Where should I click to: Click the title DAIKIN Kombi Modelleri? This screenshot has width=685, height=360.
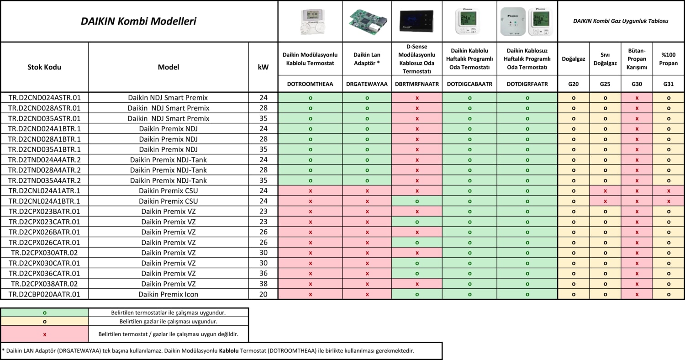pyautogui.click(x=138, y=21)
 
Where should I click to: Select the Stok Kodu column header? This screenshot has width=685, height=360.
pyautogui.click(x=44, y=67)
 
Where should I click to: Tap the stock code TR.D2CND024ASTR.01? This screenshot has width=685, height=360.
pyautogui.click(x=44, y=98)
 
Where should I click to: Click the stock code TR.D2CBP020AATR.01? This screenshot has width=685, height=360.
pyautogui.click(x=44, y=294)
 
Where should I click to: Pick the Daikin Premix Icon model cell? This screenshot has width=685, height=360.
pyautogui.click(x=169, y=294)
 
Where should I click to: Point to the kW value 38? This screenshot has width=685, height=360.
pyautogui.click(x=263, y=284)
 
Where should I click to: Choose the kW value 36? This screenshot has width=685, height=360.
pyautogui.click(x=263, y=273)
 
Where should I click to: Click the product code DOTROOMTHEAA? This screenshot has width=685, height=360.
pyautogui.click(x=310, y=84)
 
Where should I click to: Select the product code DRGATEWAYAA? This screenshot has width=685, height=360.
pyautogui.click(x=367, y=84)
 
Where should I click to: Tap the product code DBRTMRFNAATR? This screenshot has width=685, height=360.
pyautogui.click(x=416, y=84)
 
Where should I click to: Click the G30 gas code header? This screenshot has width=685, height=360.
pyautogui.click(x=637, y=84)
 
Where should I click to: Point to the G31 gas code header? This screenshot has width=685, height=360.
pyautogui.click(x=668, y=84)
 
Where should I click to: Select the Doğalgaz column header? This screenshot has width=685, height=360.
pyautogui.click(x=574, y=59)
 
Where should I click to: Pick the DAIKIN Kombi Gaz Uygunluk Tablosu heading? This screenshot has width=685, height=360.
pyautogui.click(x=621, y=21)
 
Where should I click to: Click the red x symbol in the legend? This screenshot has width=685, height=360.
pyautogui.click(x=44, y=334)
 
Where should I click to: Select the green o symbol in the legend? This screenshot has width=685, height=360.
pyautogui.click(x=44, y=313)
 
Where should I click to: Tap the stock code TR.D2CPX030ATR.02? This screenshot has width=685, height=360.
pyautogui.click(x=44, y=253)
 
